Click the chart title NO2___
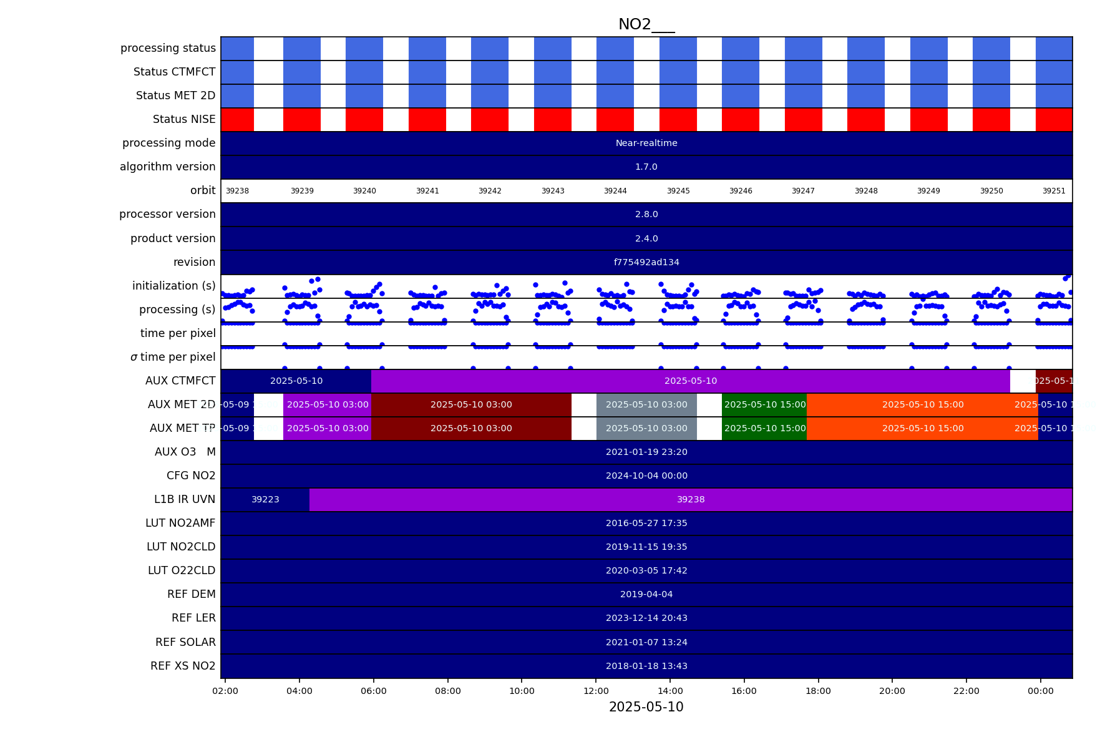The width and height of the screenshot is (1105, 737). pos(646,24)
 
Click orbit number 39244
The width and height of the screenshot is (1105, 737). pos(615,191)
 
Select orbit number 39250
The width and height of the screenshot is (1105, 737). pos(991,191)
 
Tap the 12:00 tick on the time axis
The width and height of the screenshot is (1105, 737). pos(596,691)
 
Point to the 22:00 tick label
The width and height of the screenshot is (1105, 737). pos(966,691)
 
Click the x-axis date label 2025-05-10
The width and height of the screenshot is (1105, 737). pos(646,707)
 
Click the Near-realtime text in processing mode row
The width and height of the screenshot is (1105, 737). pos(646,144)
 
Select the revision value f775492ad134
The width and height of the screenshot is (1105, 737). pos(646,263)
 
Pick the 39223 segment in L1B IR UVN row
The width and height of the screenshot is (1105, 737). pos(265,500)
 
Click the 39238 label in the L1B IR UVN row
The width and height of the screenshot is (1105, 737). pos(691,500)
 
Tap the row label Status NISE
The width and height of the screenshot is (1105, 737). pos(184,119)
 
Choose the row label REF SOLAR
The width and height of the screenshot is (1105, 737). pos(185,642)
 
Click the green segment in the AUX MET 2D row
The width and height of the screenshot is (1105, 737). pos(764,405)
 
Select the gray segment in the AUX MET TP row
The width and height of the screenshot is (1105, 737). pos(646,429)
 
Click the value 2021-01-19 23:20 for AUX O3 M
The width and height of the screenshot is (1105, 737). pos(646,452)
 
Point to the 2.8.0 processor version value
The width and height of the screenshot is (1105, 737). pos(646,215)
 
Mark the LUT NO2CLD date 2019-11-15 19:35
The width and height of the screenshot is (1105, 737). pos(646,547)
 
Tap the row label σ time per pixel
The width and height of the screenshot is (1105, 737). pos(173,357)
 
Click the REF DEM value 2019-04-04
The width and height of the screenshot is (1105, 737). pos(646,595)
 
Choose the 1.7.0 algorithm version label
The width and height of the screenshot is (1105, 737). pos(646,167)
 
